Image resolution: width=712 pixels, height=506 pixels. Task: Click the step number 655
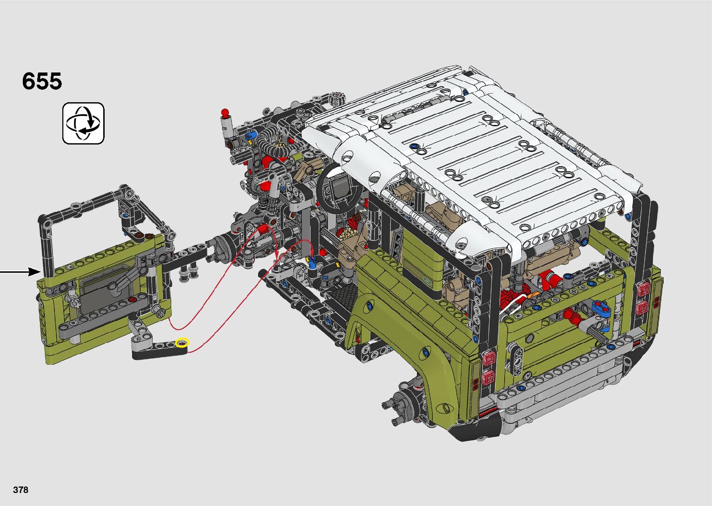tap(42, 81)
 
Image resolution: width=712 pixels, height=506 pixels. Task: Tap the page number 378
tap(20, 490)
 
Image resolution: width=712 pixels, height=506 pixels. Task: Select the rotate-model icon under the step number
tap(83, 123)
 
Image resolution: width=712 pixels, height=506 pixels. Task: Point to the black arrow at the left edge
tap(20, 272)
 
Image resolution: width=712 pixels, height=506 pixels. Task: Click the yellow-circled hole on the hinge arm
tap(182, 343)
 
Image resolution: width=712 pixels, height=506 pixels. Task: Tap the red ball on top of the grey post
tap(225, 112)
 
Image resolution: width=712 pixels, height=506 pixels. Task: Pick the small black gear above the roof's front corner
tap(337, 99)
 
